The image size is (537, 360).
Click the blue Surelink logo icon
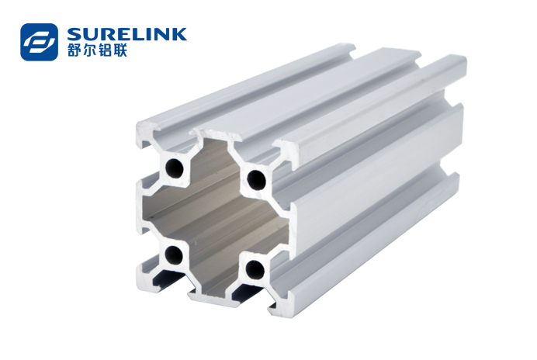pos(39,42)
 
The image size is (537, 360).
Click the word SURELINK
pos(127,35)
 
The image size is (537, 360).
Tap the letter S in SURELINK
pos(74,35)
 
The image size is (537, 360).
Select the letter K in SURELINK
pos(178,35)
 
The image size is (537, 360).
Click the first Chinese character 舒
pos(74,50)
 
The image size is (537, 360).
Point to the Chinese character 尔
pos(90,50)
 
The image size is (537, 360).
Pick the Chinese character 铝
pos(105,50)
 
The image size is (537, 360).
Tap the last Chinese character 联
pos(120,50)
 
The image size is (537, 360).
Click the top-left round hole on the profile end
pos(175,168)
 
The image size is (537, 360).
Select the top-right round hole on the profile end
pos(257,178)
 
